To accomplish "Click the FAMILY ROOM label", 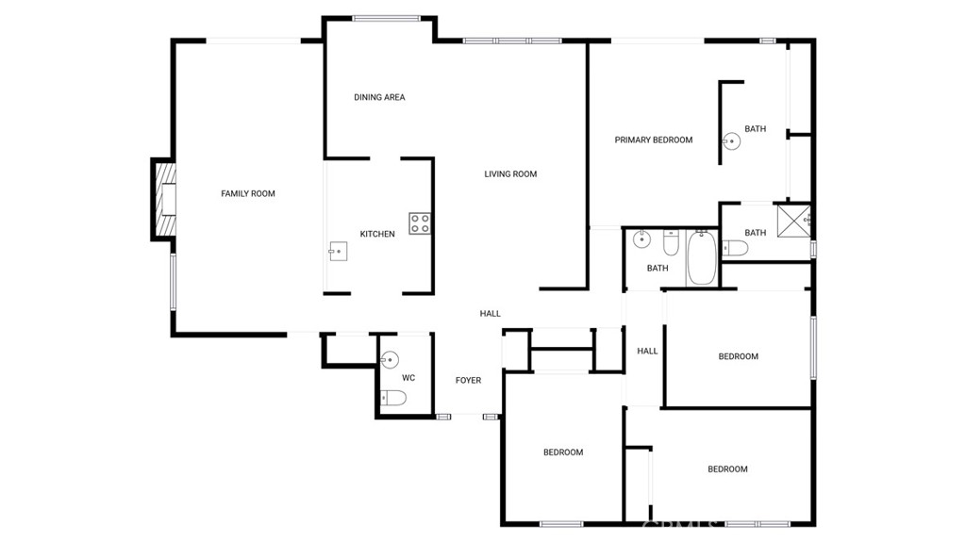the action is coord(248,193).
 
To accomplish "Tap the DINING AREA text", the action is coord(379,97).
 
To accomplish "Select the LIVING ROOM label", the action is coord(510,174).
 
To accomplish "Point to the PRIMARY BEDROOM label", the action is coord(653,140).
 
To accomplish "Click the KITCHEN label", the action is coord(377,234).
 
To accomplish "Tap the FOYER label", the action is coord(468,380).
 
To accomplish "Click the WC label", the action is coord(408,378).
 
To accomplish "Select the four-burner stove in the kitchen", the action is coord(420,223).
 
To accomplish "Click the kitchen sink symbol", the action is coord(338,252).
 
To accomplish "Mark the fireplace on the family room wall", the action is coord(163,199).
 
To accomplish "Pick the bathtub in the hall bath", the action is coord(701,257).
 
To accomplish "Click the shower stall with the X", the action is coord(792,221).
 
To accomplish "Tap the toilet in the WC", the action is coord(393,399).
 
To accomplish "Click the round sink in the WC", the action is coord(390,359).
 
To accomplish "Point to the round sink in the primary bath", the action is coord(731,141).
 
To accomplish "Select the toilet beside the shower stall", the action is coord(735,248).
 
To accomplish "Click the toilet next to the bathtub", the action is coord(671,242).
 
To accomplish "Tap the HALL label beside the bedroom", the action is coord(647,351).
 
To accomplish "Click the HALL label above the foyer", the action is coord(490,314).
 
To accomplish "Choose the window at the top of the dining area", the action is coord(386,19).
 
